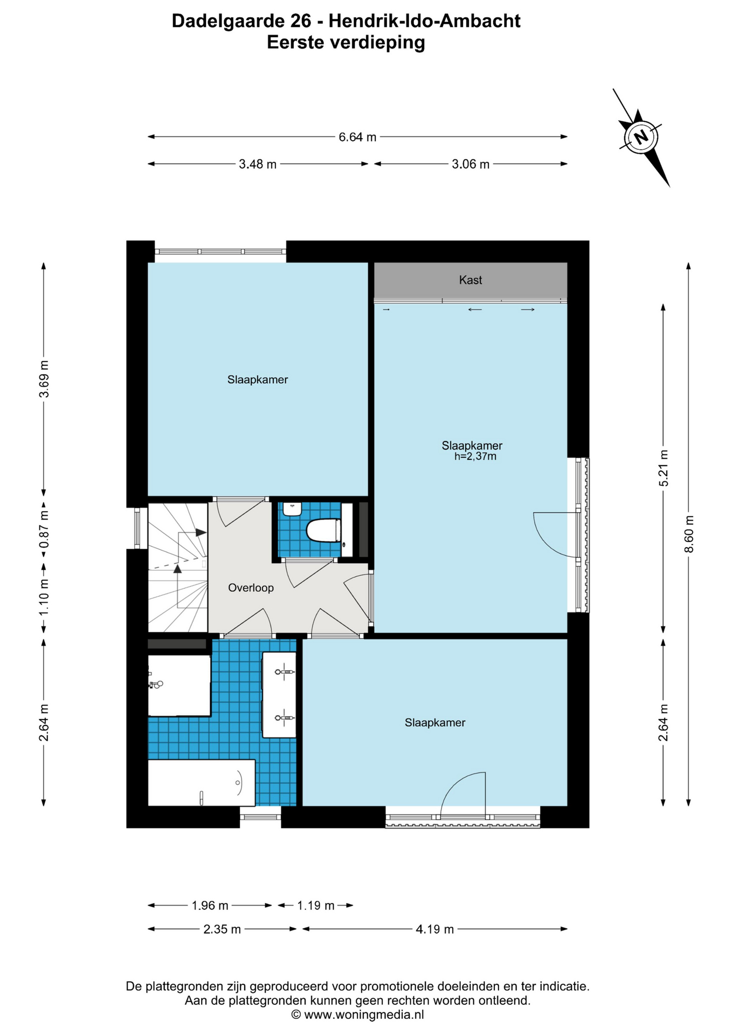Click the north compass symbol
click(641, 137)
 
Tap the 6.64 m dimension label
click(357, 137)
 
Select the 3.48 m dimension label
click(258, 164)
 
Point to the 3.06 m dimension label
click(471, 164)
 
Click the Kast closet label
click(471, 280)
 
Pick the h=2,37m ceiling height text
click(475, 457)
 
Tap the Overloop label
click(251, 588)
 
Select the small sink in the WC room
click(292, 509)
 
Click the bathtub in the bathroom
click(202, 783)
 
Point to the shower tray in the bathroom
click(179, 685)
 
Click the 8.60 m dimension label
click(688, 534)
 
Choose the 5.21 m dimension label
click(664, 468)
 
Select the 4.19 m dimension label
click(434, 929)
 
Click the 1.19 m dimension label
click(316, 905)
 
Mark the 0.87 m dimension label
click(44, 529)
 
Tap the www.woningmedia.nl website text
click(364, 1015)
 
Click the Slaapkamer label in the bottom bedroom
click(435, 722)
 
